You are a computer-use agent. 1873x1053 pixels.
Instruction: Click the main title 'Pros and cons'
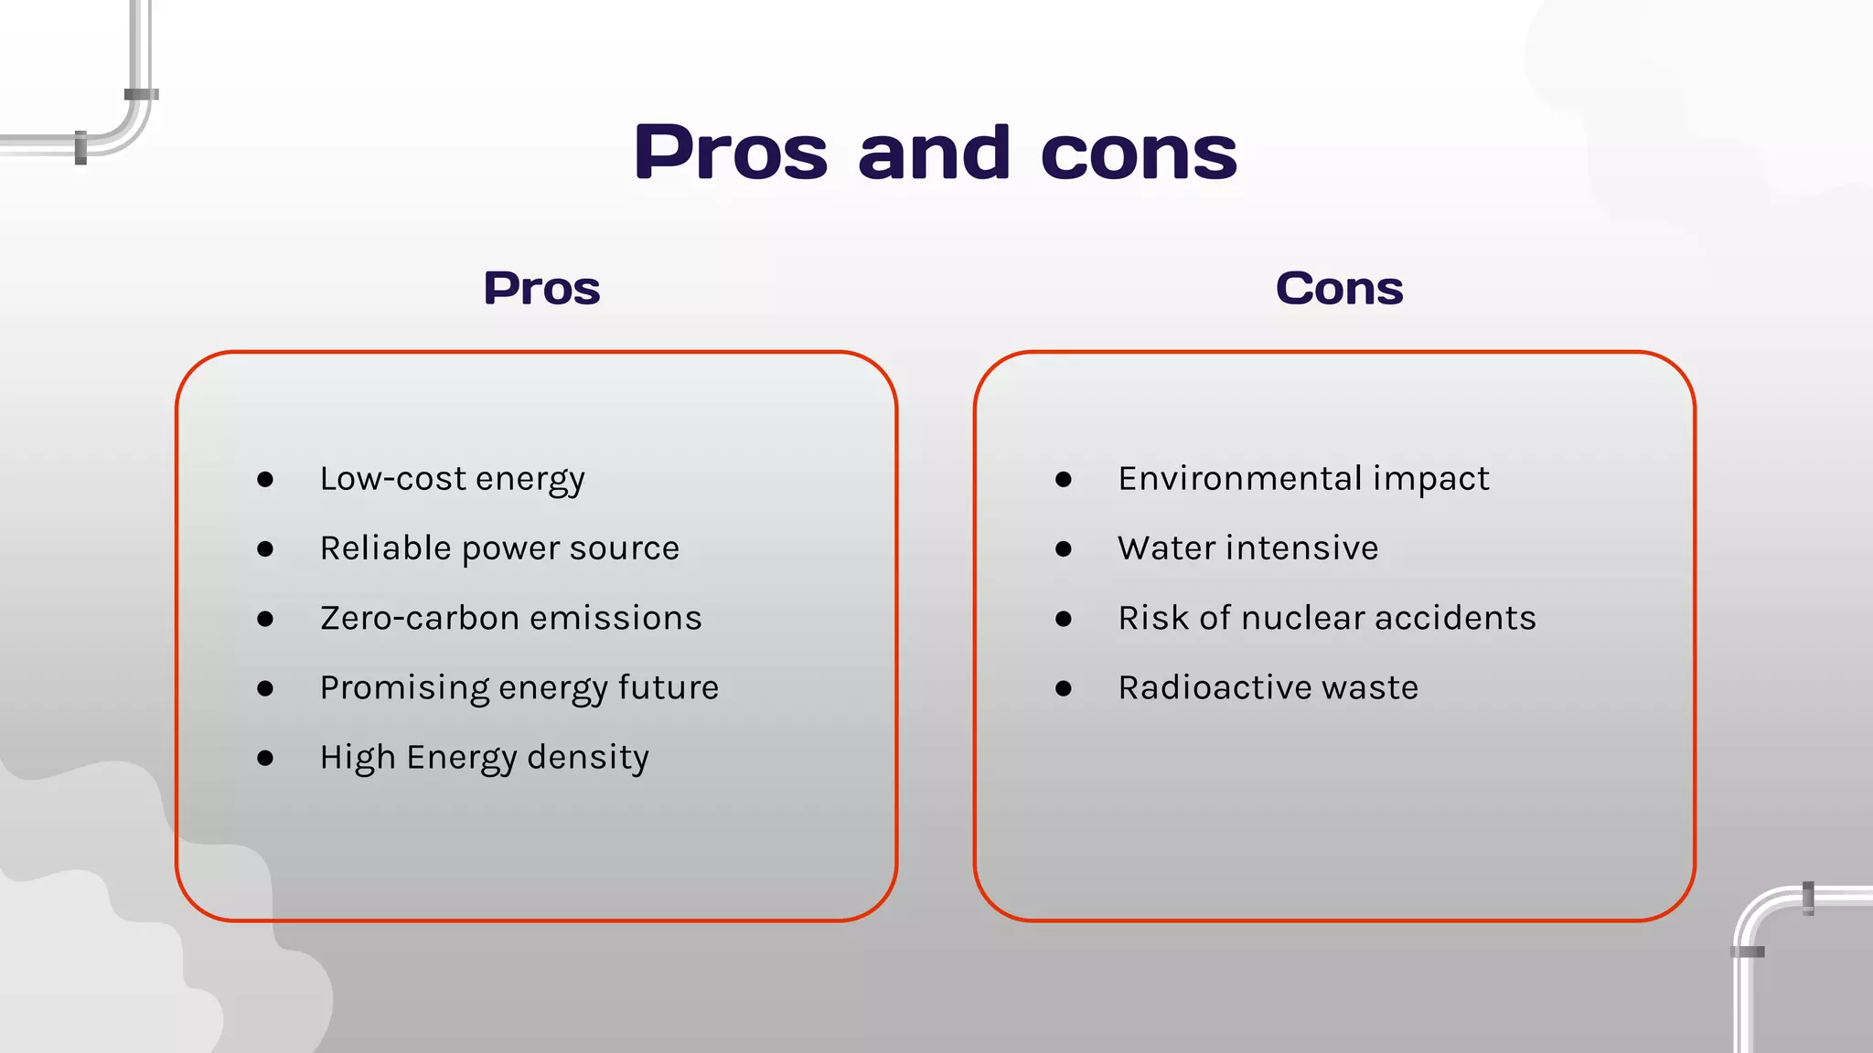click(x=936, y=152)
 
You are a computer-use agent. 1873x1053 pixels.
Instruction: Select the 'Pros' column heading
click(x=541, y=289)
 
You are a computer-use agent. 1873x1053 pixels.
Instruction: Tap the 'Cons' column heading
click(x=1339, y=289)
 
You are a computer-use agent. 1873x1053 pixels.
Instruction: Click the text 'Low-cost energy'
click(x=452, y=479)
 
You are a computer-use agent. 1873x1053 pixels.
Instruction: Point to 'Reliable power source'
click(x=499, y=548)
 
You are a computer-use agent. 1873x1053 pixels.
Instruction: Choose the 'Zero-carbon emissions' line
click(x=510, y=619)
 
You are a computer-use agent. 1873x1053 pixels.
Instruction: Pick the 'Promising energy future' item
click(x=519, y=688)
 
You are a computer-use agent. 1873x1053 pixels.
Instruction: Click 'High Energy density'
click(x=484, y=758)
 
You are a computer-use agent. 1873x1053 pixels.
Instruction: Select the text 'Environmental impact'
click(x=1303, y=479)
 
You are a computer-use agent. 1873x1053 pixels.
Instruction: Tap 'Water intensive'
click(x=1247, y=548)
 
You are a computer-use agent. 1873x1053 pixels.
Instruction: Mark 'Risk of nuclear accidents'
click(x=1326, y=619)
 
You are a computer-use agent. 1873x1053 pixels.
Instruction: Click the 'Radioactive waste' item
click(x=1268, y=688)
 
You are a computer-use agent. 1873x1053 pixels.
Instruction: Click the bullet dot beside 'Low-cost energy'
click(x=265, y=480)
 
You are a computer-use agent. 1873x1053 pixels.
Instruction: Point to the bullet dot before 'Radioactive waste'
click(x=1063, y=688)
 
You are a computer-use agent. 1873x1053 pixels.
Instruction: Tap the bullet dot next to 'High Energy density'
click(x=265, y=758)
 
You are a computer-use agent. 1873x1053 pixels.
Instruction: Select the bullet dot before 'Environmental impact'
click(x=1063, y=480)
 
